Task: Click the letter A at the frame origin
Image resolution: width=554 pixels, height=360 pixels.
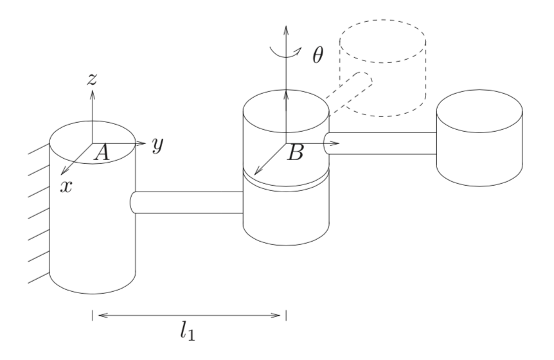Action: click(102, 154)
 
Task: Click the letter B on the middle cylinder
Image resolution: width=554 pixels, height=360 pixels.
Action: click(296, 154)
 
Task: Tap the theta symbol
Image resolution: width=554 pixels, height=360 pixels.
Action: click(317, 55)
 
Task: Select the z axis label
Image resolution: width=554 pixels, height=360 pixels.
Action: click(92, 79)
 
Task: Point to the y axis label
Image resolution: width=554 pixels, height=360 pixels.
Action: click(158, 144)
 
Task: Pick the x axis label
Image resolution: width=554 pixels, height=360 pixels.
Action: click(66, 186)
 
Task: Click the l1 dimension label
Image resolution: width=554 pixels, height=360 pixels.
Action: click(187, 332)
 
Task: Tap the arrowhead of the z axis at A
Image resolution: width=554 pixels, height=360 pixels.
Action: click(93, 94)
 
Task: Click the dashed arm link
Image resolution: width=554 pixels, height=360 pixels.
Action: click(349, 93)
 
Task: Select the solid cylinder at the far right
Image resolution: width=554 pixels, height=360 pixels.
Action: click(479, 138)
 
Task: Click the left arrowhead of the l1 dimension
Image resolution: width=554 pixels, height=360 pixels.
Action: click(102, 315)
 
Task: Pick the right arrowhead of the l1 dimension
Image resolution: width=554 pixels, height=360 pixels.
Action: click(276, 315)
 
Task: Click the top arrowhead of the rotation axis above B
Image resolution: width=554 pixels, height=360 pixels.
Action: click(286, 30)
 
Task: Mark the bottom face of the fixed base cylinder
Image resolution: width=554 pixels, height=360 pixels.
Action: click(93, 283)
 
